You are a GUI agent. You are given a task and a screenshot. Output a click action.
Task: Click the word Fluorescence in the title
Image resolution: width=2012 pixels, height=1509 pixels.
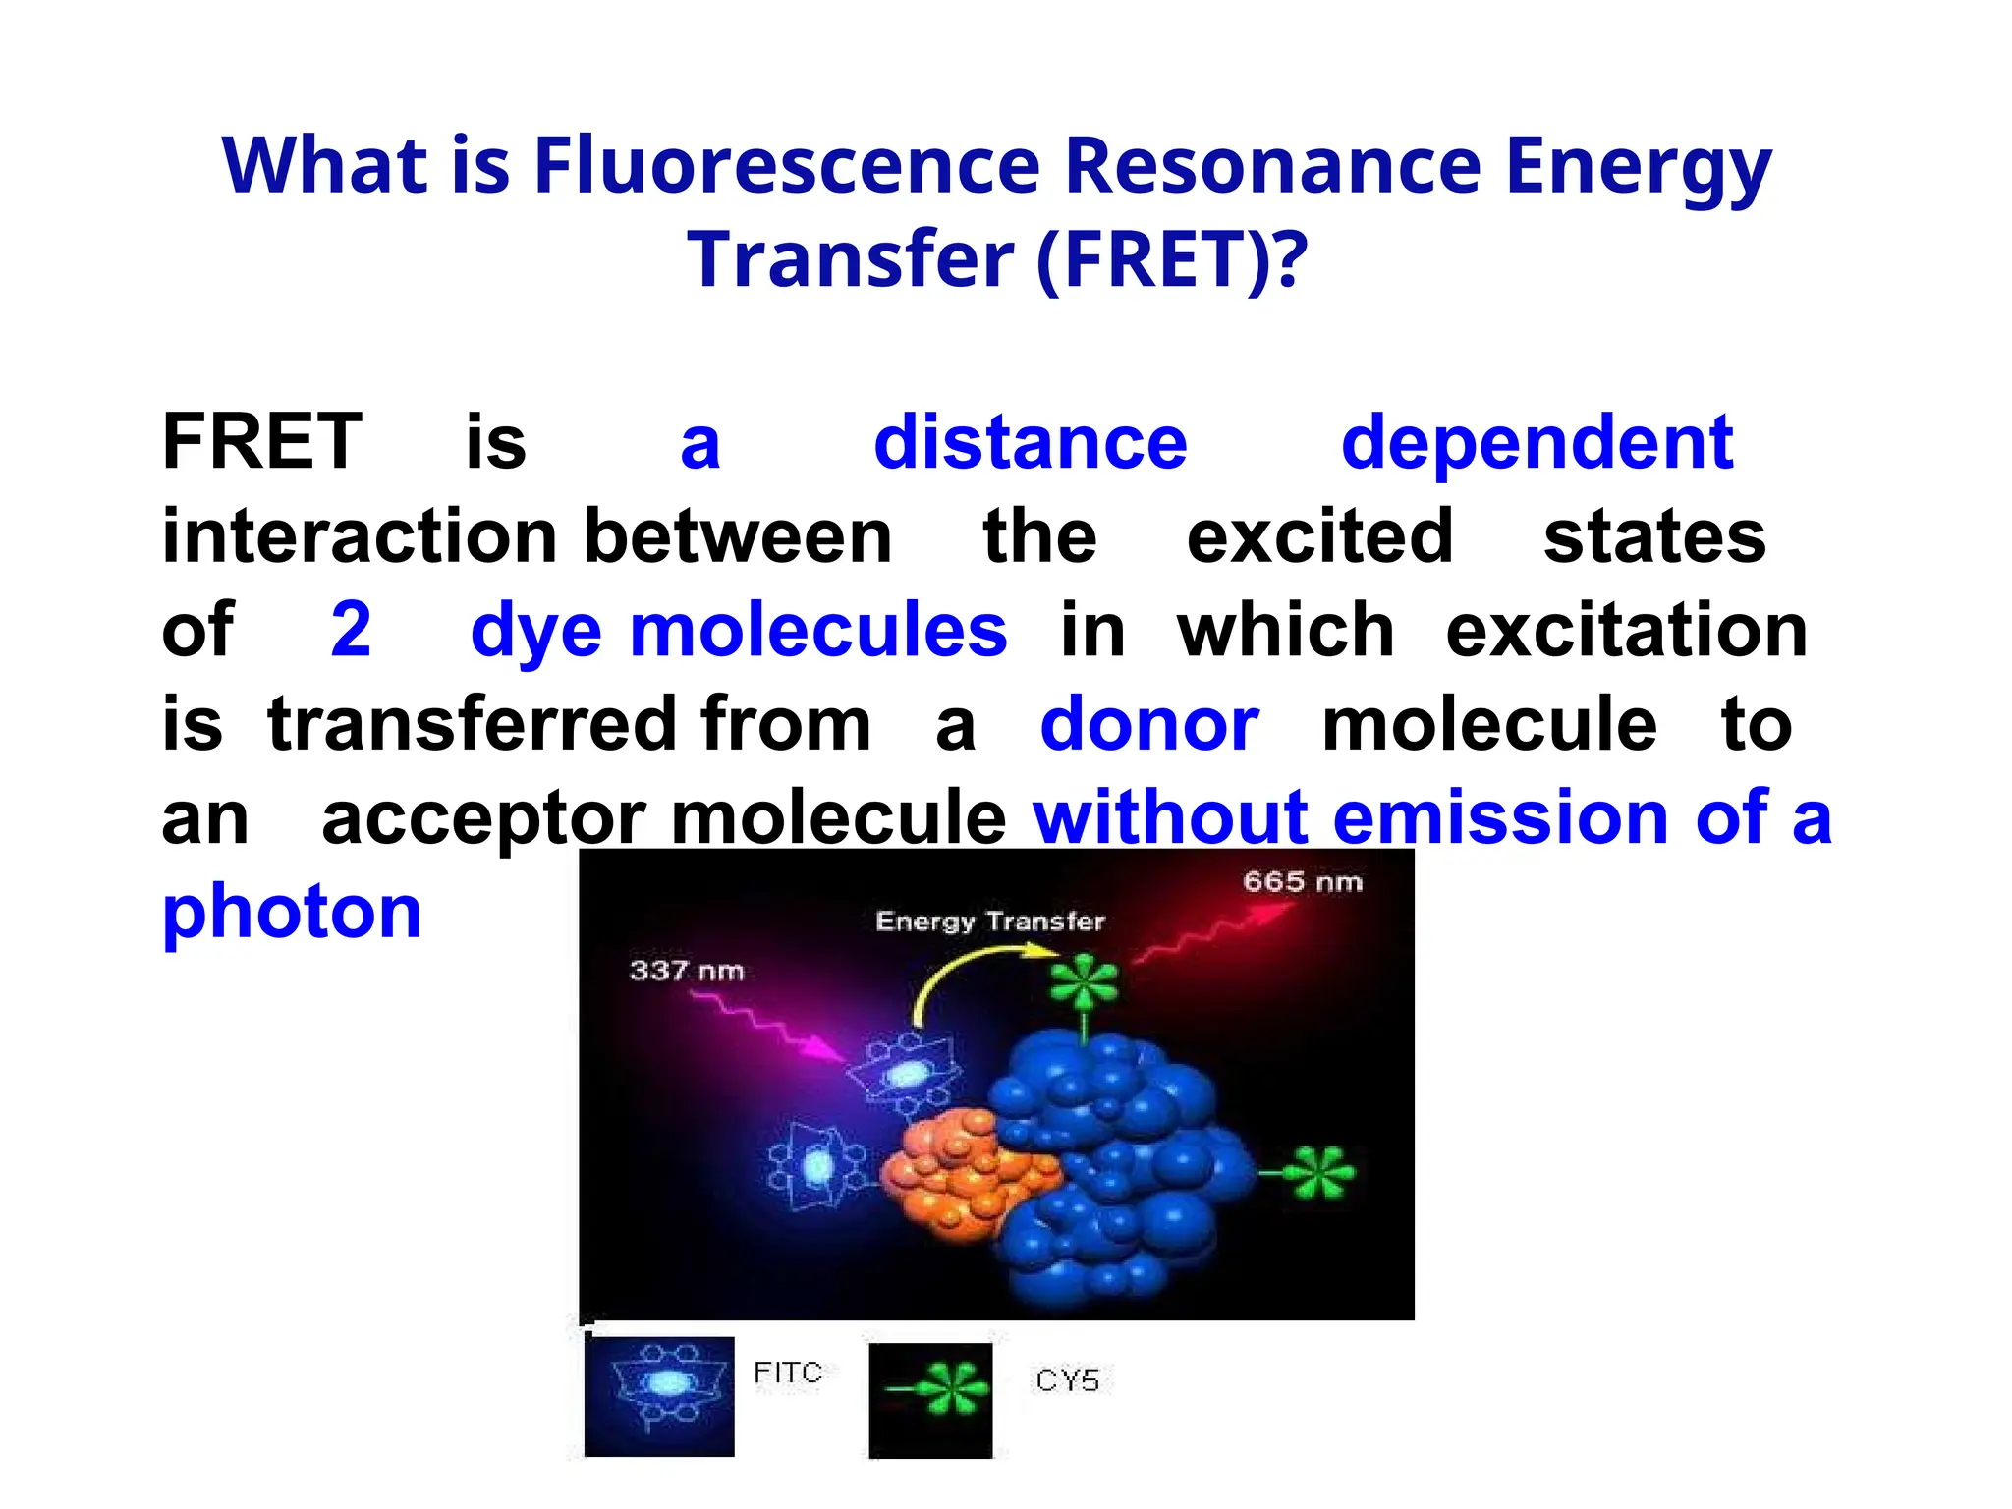coord(786,165)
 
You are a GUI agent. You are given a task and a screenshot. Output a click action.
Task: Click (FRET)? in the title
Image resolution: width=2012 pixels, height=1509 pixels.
coord(1172,259)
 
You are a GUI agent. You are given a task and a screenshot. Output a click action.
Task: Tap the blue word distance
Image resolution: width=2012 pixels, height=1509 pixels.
coord(1030,442)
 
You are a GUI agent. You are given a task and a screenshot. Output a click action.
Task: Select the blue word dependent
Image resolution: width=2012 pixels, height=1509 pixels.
coord(1537,444)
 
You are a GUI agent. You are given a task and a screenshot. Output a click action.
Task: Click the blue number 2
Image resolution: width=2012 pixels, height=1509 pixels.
coord(351,629)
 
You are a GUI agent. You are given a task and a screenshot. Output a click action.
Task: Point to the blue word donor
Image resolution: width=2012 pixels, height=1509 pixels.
coord(1149,724)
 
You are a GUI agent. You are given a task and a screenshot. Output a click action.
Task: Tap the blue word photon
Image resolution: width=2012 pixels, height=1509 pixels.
coord(292,913)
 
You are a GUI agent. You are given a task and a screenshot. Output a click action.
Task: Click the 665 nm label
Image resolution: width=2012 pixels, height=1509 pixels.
coord(1302,881)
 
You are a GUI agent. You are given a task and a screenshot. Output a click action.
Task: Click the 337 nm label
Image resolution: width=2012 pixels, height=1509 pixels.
coord(686,971)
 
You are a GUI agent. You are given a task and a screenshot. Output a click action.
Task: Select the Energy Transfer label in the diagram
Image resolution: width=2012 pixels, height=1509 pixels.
coord(989,922)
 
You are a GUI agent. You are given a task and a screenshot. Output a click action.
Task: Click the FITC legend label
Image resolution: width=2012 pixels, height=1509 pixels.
coord(787,1372)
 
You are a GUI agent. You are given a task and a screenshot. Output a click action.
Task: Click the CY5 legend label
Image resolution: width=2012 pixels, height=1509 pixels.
coord(1067,1380)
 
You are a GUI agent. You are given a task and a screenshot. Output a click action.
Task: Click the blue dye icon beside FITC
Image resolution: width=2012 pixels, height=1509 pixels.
coord(659,1394)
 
